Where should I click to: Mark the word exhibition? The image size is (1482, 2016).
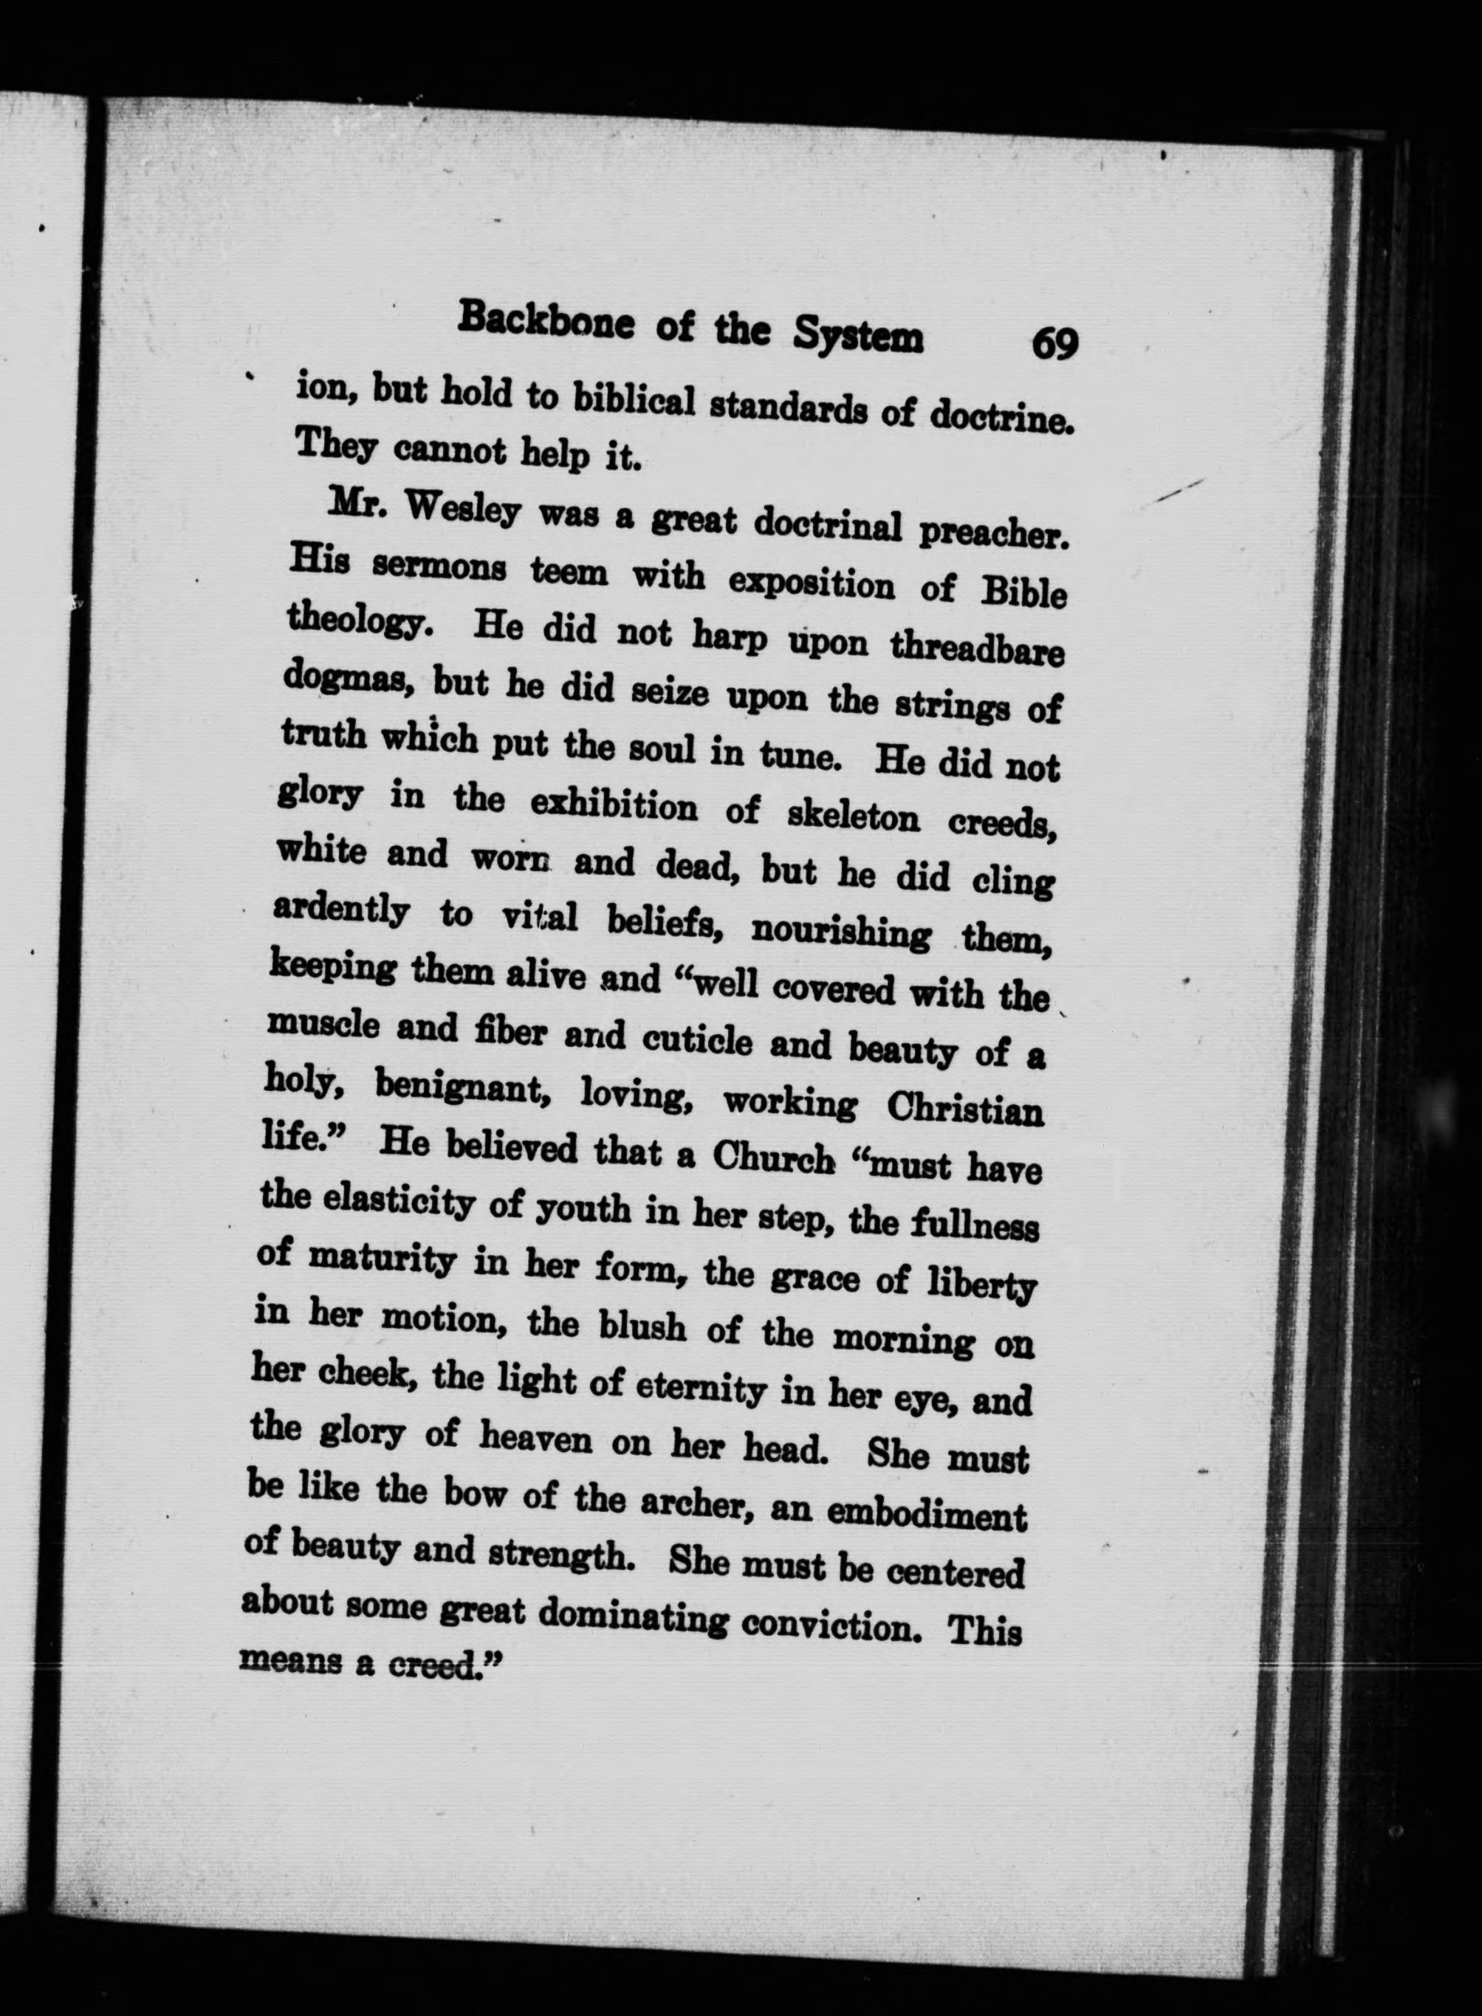[x=614, y=805]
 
